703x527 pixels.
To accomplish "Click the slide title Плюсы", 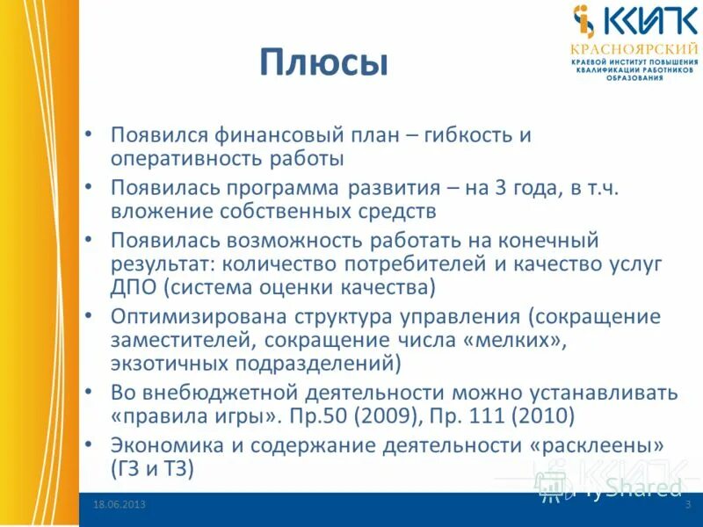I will [x=323, y=64].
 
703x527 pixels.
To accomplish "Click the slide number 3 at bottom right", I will [x=686, y=504].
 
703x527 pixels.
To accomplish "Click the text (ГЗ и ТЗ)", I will [x=152, y=468].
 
